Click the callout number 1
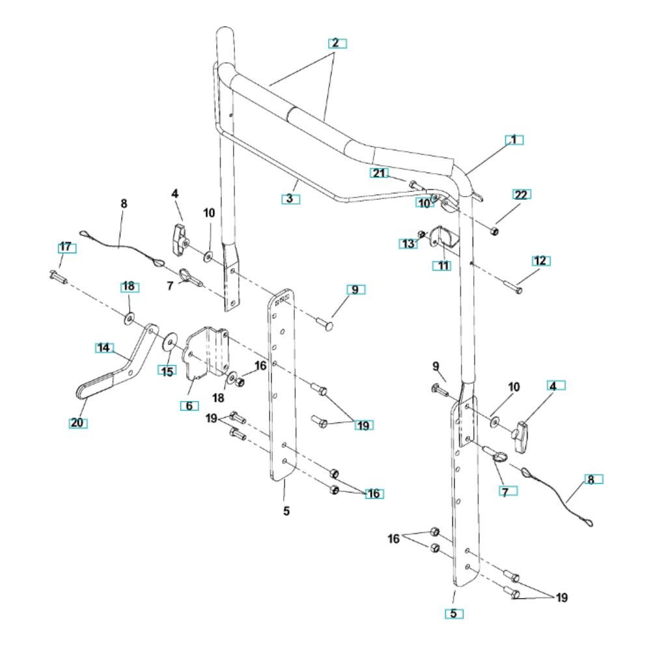(514, 140)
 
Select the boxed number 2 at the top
(337, 43)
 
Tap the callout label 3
(290, 199)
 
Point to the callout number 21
(379, 173)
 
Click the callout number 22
(521, 194)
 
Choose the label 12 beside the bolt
(541, 261)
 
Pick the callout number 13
(408, 243)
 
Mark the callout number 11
(442, 266)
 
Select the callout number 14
(104, 348)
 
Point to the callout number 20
(77, 422)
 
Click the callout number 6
(189, 406)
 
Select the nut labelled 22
(493, 231)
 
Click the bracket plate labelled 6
(206, 352)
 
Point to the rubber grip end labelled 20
(94, 385)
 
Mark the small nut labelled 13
(422, 234)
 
